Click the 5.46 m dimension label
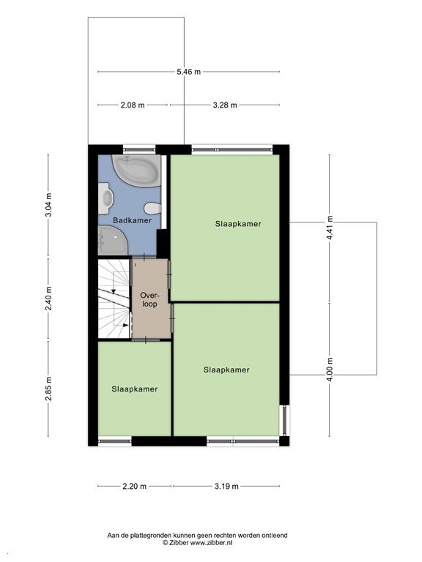188,72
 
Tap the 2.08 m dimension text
133,105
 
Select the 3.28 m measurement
225,105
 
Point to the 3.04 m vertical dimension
49,205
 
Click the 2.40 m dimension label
49,299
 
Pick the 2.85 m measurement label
49,389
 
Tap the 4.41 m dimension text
330,228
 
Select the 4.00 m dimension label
330,370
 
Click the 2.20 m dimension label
135,487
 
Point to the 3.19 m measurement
226,487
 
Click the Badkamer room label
132,220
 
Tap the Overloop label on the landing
149,300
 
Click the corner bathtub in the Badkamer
136,171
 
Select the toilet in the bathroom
152,208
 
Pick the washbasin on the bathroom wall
105,198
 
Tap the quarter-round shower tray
111,241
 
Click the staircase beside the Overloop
114,299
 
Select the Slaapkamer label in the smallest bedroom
135,389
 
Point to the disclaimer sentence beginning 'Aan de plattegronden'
197,536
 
